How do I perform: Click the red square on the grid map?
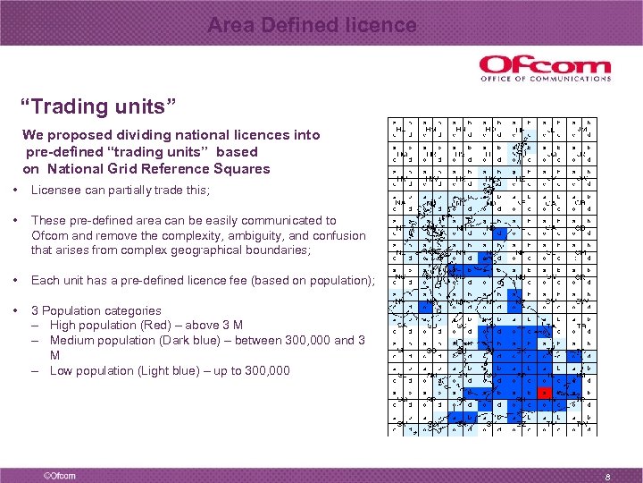point(544,393)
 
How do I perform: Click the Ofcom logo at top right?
point(545,69)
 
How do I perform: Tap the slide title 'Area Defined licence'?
point(312,26)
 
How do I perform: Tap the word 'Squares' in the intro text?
point(241,168)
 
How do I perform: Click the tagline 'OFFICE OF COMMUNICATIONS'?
point(545,79)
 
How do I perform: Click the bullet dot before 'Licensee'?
point(18,191)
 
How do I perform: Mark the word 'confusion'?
point(335,235)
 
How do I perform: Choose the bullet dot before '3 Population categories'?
point(18,310)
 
